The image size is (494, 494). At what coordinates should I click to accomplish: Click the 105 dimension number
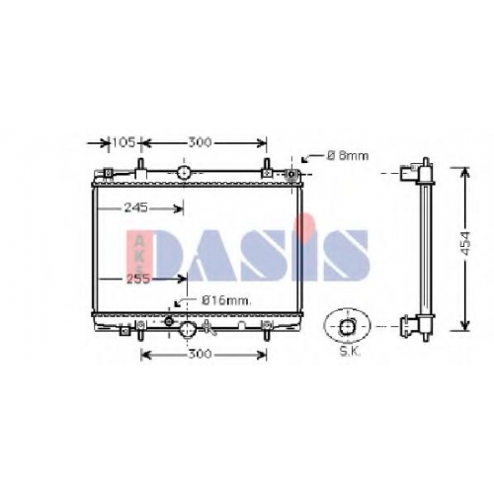(123, 142)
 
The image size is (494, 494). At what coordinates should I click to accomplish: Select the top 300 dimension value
(200, 142)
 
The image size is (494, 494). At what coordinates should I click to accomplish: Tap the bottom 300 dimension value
(200, 355)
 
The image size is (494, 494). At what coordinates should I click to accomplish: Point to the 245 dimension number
(136, 207)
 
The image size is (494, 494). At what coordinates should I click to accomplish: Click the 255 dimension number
(138, 279)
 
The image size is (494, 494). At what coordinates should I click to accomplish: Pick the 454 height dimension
(465, 243)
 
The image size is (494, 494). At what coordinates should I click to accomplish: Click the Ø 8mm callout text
(348, 155)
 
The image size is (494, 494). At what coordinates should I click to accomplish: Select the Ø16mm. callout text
(226, 300)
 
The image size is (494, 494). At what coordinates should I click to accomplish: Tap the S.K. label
(350, 352)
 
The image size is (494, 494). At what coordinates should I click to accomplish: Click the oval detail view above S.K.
(348, 326)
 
